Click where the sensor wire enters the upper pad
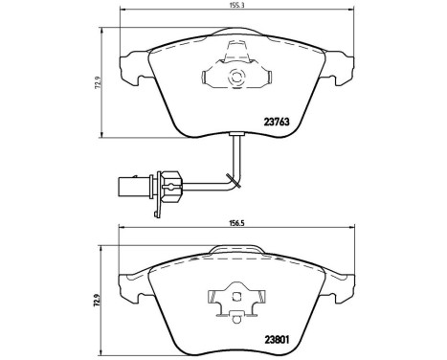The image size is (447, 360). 236,137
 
